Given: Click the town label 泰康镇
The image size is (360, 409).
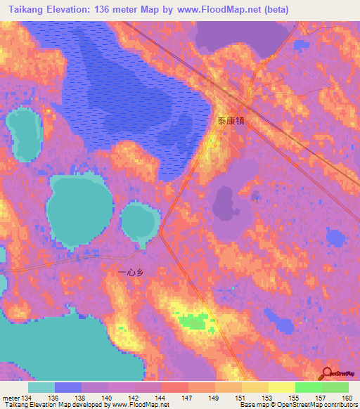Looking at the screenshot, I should tap(231, 122).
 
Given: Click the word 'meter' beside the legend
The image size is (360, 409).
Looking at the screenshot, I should tap(11, 398).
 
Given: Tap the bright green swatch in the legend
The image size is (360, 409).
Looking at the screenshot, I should tap(308, 387).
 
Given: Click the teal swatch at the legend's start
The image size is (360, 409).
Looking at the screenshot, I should tap(41, 387).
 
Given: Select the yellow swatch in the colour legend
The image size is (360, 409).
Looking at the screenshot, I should tap(281, 387).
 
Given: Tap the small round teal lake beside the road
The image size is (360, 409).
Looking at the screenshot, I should tap(141, 221).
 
